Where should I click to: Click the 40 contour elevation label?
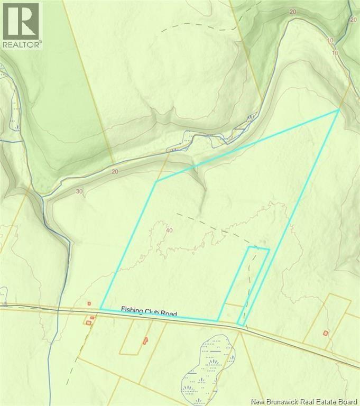click(169, 229)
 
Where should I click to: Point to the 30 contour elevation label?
click(79, 191)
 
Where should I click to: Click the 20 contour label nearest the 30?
click(115, 171)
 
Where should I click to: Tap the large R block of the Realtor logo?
click(21, 21)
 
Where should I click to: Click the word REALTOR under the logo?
click(21, 45)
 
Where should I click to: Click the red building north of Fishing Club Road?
click(89, 303)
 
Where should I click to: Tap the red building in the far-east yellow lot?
click(326, 333)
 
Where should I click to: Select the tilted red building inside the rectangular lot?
click(145, 341)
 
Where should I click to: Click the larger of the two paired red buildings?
click(88, 322)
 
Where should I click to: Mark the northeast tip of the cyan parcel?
click(338, 110)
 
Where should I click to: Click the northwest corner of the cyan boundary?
click(156, 181)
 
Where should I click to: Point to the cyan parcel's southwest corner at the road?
click(100, 310)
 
